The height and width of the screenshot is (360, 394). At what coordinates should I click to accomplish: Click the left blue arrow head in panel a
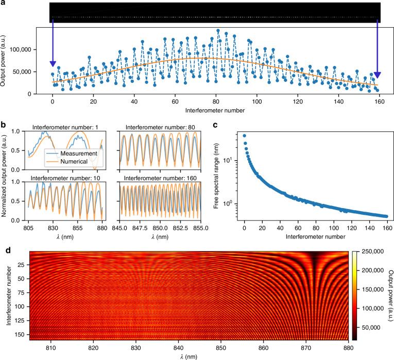[53, 63]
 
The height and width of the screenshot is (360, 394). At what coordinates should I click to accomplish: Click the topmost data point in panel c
[244, 136]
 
